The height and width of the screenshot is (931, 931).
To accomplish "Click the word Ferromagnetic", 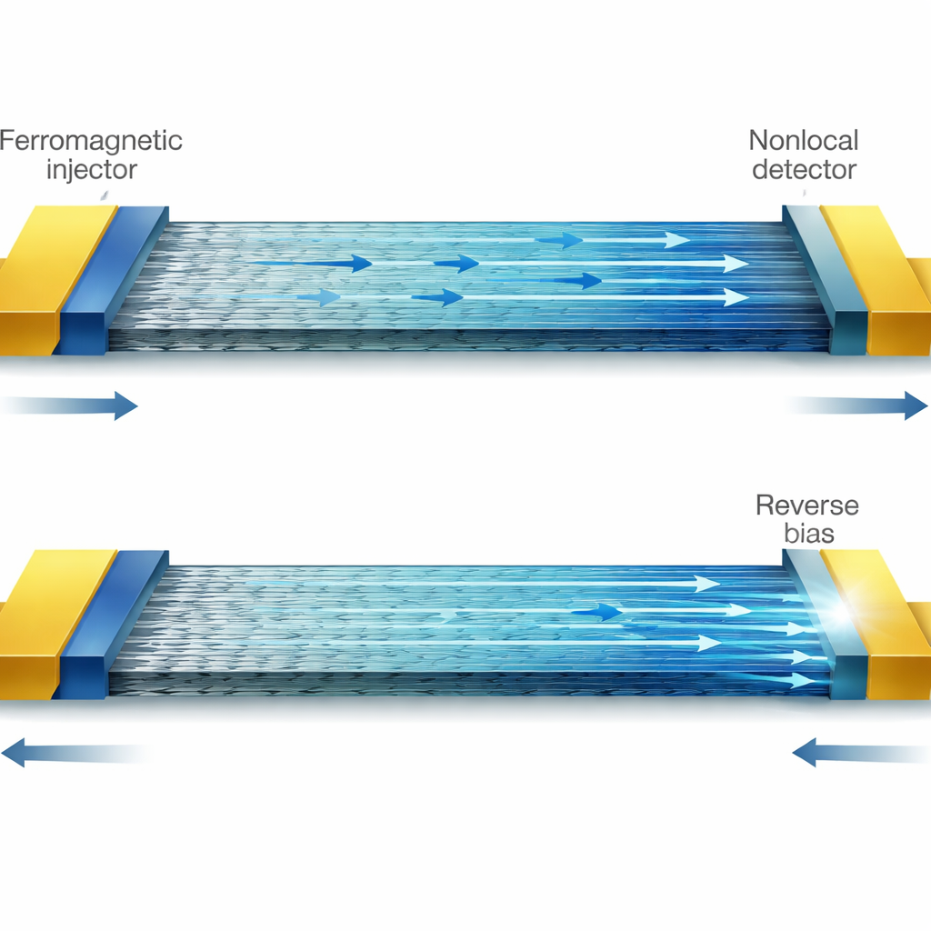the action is (91, 141).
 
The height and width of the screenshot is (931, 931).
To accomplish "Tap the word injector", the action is (92, 170).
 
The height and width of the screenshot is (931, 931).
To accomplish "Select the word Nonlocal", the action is (804, 141).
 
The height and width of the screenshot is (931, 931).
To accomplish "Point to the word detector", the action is (804, 169).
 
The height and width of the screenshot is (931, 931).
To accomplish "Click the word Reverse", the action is (807, 506).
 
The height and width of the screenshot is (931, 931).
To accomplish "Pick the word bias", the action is (808, 533).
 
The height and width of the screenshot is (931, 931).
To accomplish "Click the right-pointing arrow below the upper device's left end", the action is (69, 405).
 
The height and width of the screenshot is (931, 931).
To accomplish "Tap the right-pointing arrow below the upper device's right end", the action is (856, 405).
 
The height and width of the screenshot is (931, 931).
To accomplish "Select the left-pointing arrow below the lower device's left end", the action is (75, 752).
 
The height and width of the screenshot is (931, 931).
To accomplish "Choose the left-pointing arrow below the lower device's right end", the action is (861, 752).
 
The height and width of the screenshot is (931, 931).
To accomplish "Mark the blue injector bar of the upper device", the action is (113, 279).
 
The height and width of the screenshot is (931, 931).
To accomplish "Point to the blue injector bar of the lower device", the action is (113, 624).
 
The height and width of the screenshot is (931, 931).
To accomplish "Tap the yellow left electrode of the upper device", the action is (47, 279).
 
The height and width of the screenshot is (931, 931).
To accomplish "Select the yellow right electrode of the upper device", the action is (879, 279).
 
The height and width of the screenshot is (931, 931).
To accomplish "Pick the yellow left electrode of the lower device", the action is (47, 624).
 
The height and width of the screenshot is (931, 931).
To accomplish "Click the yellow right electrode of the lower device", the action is (879, 624).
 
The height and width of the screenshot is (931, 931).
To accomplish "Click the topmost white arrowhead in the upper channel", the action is (676, 240).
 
